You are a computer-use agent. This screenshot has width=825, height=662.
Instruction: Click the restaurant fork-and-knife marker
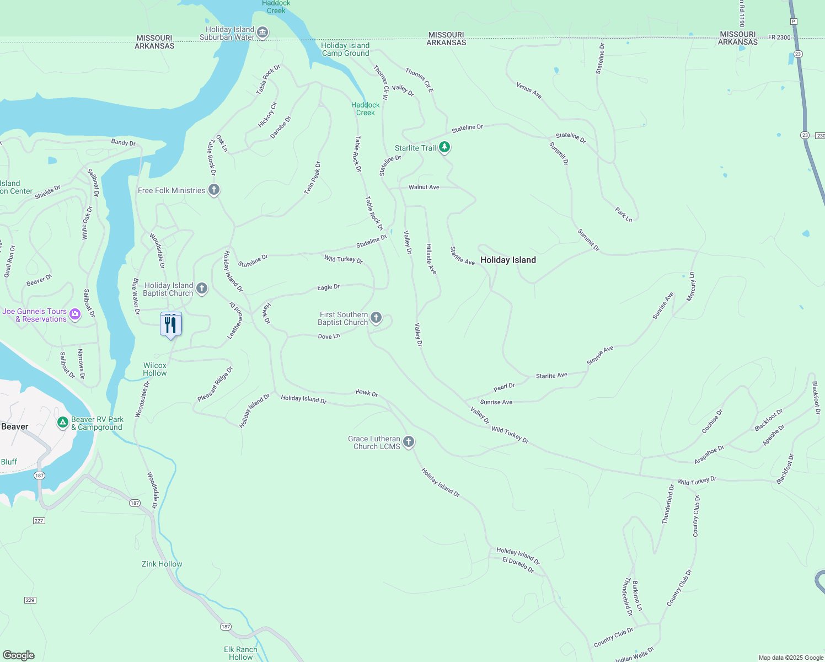point(170,325)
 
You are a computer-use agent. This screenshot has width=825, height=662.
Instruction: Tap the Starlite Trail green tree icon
point(444,148)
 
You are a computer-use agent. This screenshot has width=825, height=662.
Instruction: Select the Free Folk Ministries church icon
point(214,190)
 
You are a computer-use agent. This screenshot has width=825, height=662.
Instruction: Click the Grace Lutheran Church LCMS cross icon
point(409,442)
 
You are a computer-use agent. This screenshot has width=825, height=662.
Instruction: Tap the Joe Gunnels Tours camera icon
point(75,315)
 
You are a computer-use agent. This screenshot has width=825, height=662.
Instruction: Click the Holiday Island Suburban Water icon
point(263,33)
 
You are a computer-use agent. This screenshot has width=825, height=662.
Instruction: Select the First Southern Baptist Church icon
point(376,318)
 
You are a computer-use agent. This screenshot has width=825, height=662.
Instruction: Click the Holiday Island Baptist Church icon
point(202,289)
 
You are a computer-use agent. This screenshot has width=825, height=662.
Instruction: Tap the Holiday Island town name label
point(508,260)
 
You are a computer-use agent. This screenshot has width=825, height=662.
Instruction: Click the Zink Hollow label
point(162,564)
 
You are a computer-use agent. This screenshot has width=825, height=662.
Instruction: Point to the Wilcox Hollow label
point(155,369)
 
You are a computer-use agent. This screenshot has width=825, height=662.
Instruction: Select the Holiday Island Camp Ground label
point(345,50)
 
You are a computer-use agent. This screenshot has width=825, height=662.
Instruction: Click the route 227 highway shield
point(39,521)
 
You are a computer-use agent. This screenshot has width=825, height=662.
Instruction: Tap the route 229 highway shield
point(30,600)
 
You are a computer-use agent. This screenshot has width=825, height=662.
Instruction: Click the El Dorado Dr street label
point(518,565)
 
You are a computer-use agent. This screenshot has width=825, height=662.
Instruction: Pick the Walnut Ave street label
point(424,188)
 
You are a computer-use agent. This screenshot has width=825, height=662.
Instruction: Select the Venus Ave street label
point(529,91)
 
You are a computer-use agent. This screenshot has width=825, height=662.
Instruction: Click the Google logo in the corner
point(19,655)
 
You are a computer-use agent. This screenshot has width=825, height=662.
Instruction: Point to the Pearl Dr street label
point(504,387)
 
